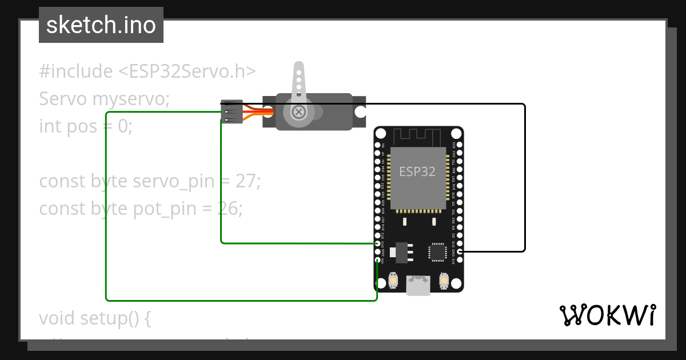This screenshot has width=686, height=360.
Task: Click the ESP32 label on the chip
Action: point(417,171)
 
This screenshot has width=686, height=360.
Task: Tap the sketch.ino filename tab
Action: point(101,25)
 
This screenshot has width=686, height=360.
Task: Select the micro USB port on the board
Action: point(418,285)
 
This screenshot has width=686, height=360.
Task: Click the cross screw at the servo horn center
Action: point(298,111)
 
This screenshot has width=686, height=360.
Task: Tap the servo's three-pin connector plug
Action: point(232,111)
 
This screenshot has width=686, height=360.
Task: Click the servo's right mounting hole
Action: point(360,111)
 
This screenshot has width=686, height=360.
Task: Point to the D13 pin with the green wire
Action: point(377,243)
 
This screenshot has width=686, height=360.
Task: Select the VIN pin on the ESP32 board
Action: point(377,260)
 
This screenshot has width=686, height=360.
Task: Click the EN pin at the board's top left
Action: point(377,145)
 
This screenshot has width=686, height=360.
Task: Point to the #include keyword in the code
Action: point(76,71)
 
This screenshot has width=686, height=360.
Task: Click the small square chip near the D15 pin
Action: point(437,252)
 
